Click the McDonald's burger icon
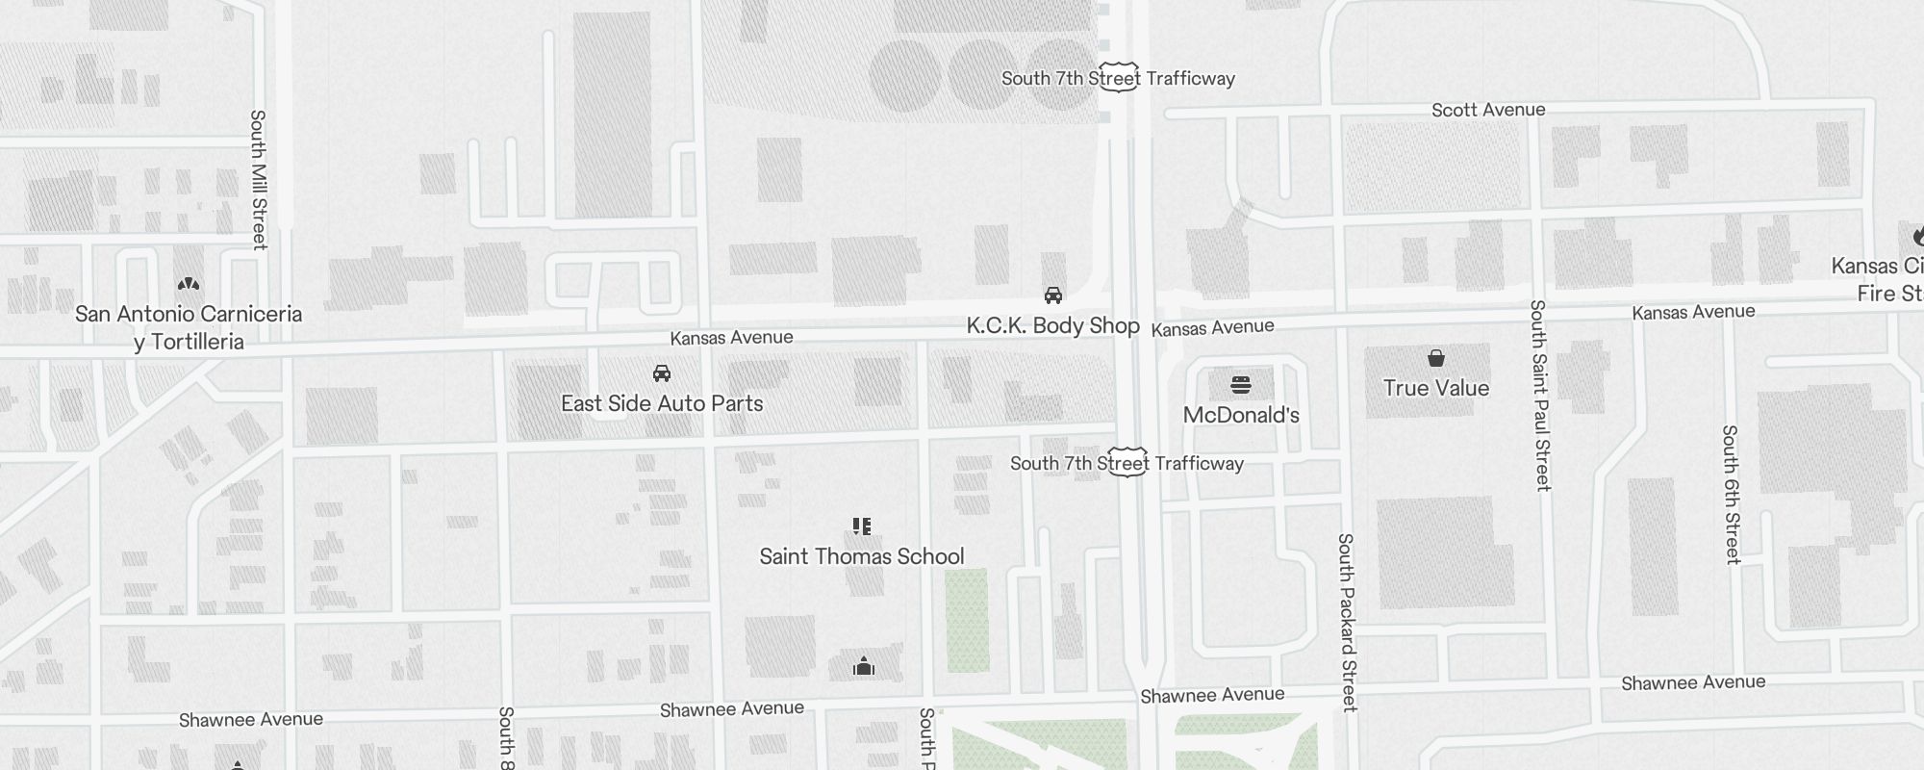(1241, 386)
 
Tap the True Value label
(1435, 388)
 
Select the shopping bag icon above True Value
(1436, 358)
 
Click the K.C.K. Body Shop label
(1052, 325)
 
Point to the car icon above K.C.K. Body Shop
(1053, 295)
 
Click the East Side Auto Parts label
(662, 403)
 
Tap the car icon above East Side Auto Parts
(662, 373)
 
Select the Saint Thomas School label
(861, 556)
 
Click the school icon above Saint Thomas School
(862, 526)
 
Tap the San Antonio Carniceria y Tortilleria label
(189, 327)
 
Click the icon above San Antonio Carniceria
(189, 284)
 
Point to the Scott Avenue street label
(1488, 110)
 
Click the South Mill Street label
(258, 179)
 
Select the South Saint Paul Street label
(1540, 395)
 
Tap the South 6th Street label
(1732, 494)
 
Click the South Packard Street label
(1348, 622)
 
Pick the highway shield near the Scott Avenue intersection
(1119, 79)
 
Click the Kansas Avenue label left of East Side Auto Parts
(731, 337)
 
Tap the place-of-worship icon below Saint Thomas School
(864, 666)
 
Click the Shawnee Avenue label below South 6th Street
(1693, 682)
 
